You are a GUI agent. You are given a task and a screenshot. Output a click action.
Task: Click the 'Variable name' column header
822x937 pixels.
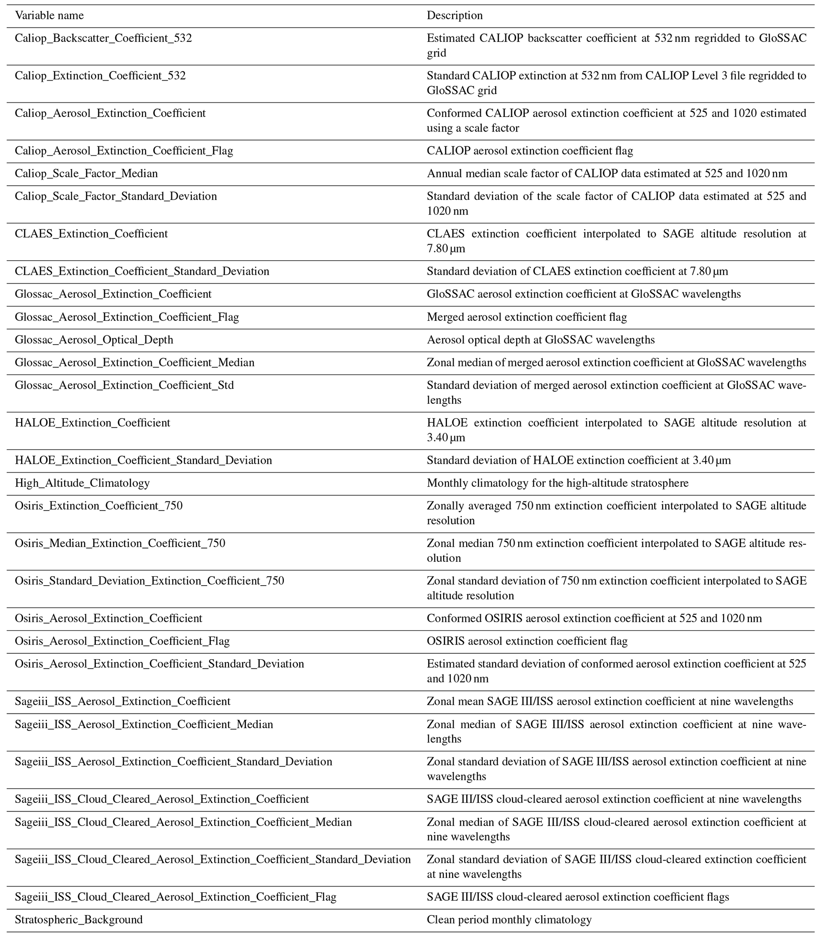(49, 16)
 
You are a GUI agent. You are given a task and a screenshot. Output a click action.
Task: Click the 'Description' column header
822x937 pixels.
(455, 16)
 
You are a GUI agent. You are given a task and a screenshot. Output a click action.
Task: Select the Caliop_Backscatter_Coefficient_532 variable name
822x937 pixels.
(103, 38)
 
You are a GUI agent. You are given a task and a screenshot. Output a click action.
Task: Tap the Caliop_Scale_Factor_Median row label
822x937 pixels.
(86, 174)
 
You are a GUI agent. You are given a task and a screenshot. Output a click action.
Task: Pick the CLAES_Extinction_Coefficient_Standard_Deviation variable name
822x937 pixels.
(142, 271)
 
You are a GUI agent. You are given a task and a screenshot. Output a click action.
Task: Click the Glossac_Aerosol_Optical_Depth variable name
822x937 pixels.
(94, 340)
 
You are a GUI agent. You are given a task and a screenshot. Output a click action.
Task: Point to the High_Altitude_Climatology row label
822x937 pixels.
(82, 483)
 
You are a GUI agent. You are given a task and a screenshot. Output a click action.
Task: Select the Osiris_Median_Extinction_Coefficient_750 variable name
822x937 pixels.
(120, 543)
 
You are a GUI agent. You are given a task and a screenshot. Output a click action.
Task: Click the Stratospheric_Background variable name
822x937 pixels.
(79, 920)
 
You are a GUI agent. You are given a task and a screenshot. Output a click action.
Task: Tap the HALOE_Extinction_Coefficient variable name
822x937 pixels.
(93, 423)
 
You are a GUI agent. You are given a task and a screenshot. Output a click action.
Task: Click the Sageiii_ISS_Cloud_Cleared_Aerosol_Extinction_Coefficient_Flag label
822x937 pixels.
(175, 897)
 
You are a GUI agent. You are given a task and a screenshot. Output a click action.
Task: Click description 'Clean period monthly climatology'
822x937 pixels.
(509, 920)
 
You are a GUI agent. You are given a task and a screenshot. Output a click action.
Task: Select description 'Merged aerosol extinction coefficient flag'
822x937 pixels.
(527, 317)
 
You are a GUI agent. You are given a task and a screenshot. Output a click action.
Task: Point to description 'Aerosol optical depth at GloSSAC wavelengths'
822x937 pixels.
(541, 340)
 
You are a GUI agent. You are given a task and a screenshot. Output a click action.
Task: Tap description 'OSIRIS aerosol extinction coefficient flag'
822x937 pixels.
(527, 641)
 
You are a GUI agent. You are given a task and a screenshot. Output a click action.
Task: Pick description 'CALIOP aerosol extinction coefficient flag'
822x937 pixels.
(530, 151)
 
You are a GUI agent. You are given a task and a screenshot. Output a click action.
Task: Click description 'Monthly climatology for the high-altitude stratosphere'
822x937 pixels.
(558, 483)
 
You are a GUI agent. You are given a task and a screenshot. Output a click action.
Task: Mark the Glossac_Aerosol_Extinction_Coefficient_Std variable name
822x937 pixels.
(124, 386)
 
